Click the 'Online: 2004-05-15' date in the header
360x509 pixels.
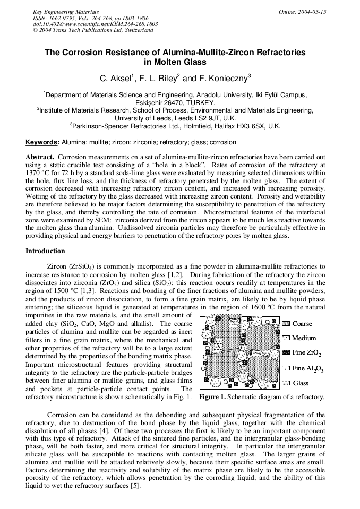[302, 11]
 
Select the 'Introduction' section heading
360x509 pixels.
[46, 251]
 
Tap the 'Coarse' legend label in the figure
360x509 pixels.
[302, 323]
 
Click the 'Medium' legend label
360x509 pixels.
[304, 338]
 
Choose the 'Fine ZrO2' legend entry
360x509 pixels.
[306, 353]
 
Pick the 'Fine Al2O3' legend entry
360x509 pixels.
[308, 368]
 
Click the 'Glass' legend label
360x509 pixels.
[301, 383]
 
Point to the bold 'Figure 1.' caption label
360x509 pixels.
[212, 396]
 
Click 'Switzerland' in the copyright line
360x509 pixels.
[139, 30]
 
